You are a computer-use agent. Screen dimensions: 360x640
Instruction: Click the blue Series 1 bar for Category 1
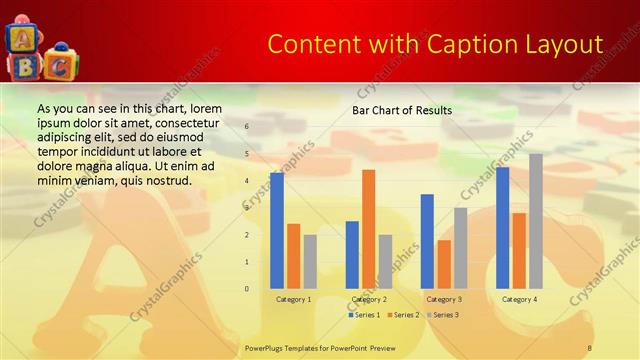(277, 231)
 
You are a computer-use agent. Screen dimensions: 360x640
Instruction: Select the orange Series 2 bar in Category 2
(369, 229)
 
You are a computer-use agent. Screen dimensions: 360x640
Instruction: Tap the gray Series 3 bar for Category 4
(536, 221)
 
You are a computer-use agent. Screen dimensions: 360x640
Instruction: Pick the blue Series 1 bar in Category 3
(427, 241)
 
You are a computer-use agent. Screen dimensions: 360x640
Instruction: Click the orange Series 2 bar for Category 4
(519, 251)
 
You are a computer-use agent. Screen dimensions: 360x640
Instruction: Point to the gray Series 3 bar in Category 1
(310, 262)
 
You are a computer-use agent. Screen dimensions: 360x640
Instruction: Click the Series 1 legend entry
(363, 315)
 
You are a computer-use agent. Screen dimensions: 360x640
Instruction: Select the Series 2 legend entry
(402, 315)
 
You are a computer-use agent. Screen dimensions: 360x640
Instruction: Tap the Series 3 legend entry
(442, 315)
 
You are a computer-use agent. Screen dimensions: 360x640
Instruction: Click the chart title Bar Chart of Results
(402, 110)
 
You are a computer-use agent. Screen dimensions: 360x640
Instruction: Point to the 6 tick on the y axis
(247, 127)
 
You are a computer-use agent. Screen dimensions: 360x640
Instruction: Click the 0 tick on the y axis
(247, 289)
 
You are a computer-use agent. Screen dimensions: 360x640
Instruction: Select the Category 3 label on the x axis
(444, 299)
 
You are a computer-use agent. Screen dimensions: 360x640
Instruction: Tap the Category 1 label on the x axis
(293, 299)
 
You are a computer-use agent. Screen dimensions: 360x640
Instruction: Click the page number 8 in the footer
(590, 346)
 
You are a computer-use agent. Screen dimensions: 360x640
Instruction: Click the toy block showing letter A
(20, 38)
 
